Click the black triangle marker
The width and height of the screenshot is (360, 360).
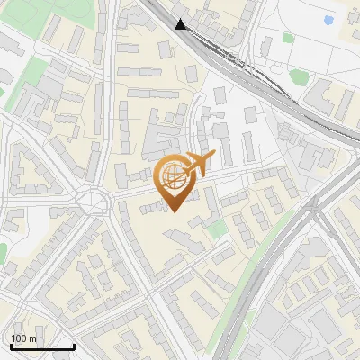[x=182, y=24]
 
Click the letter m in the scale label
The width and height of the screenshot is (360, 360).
[x=33, y=338]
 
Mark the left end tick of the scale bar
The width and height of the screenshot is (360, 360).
[x=10, y=346]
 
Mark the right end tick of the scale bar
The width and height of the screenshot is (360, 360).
[x=74, y=346]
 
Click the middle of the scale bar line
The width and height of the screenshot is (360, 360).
[x=42, y=347]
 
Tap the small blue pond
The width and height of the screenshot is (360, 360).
[x=328, y=19]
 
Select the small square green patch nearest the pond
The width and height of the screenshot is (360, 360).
[x=288, y=38]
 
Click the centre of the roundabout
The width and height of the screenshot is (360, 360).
[x=94, y=200]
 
